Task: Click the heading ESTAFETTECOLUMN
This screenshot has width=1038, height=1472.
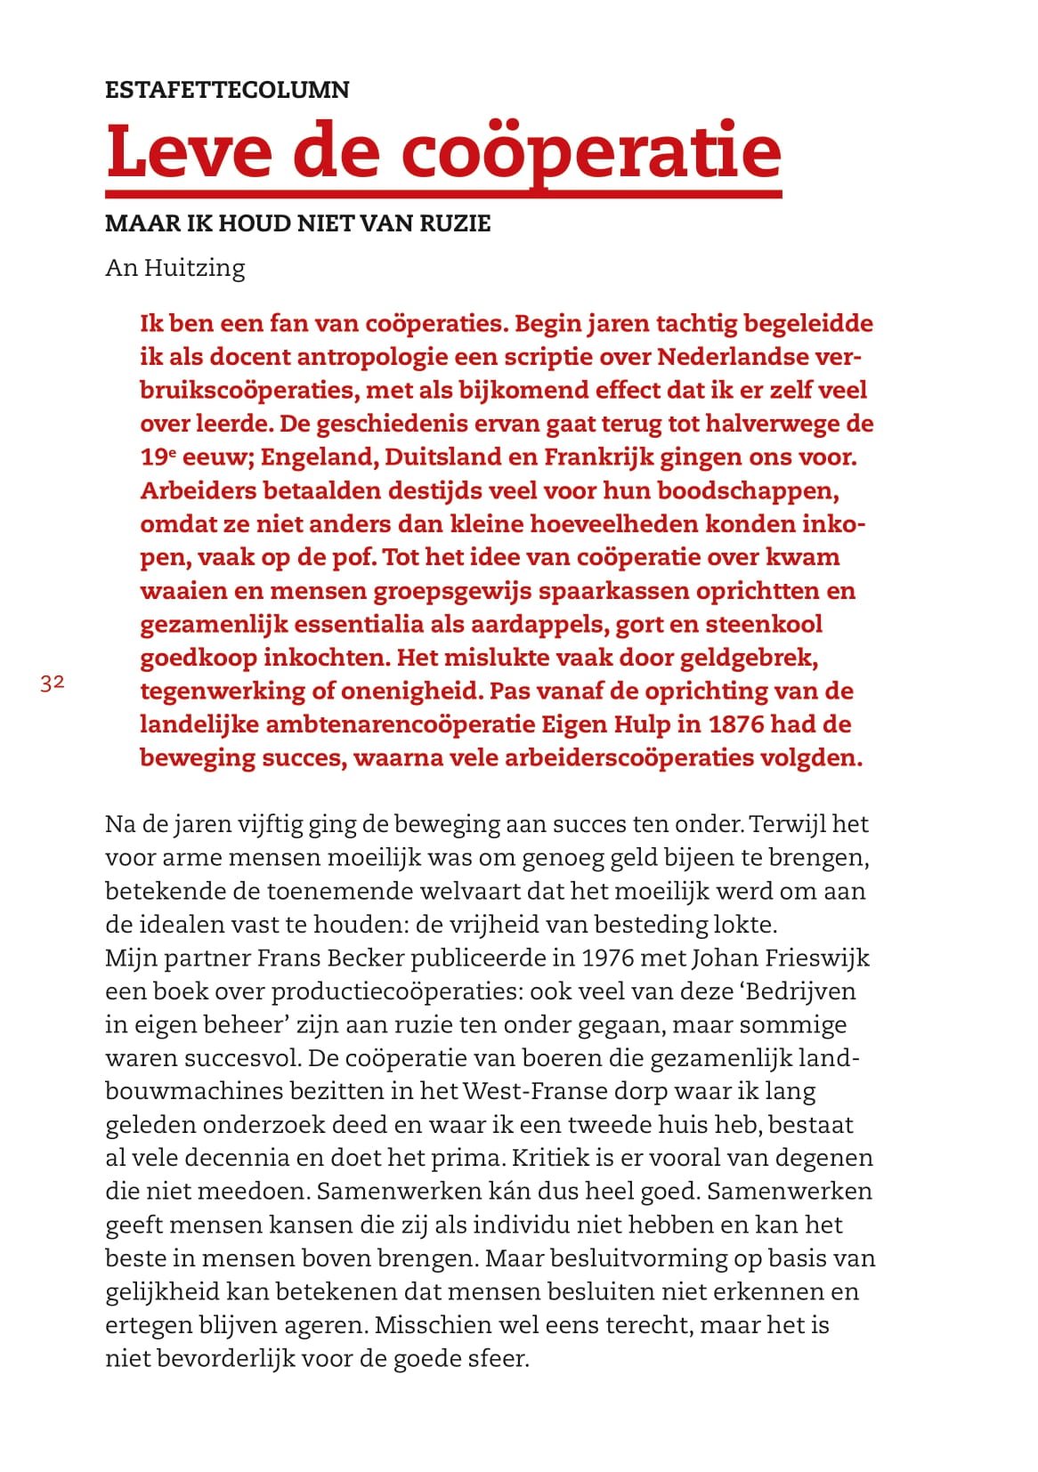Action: tap(227, 90)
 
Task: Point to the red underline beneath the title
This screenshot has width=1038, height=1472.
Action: tap(443, 192)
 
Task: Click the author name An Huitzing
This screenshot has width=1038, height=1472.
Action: tap(174, 268)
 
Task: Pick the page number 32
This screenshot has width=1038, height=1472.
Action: tap(53, 683)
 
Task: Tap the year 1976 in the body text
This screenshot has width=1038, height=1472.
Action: tap(607, 958)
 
